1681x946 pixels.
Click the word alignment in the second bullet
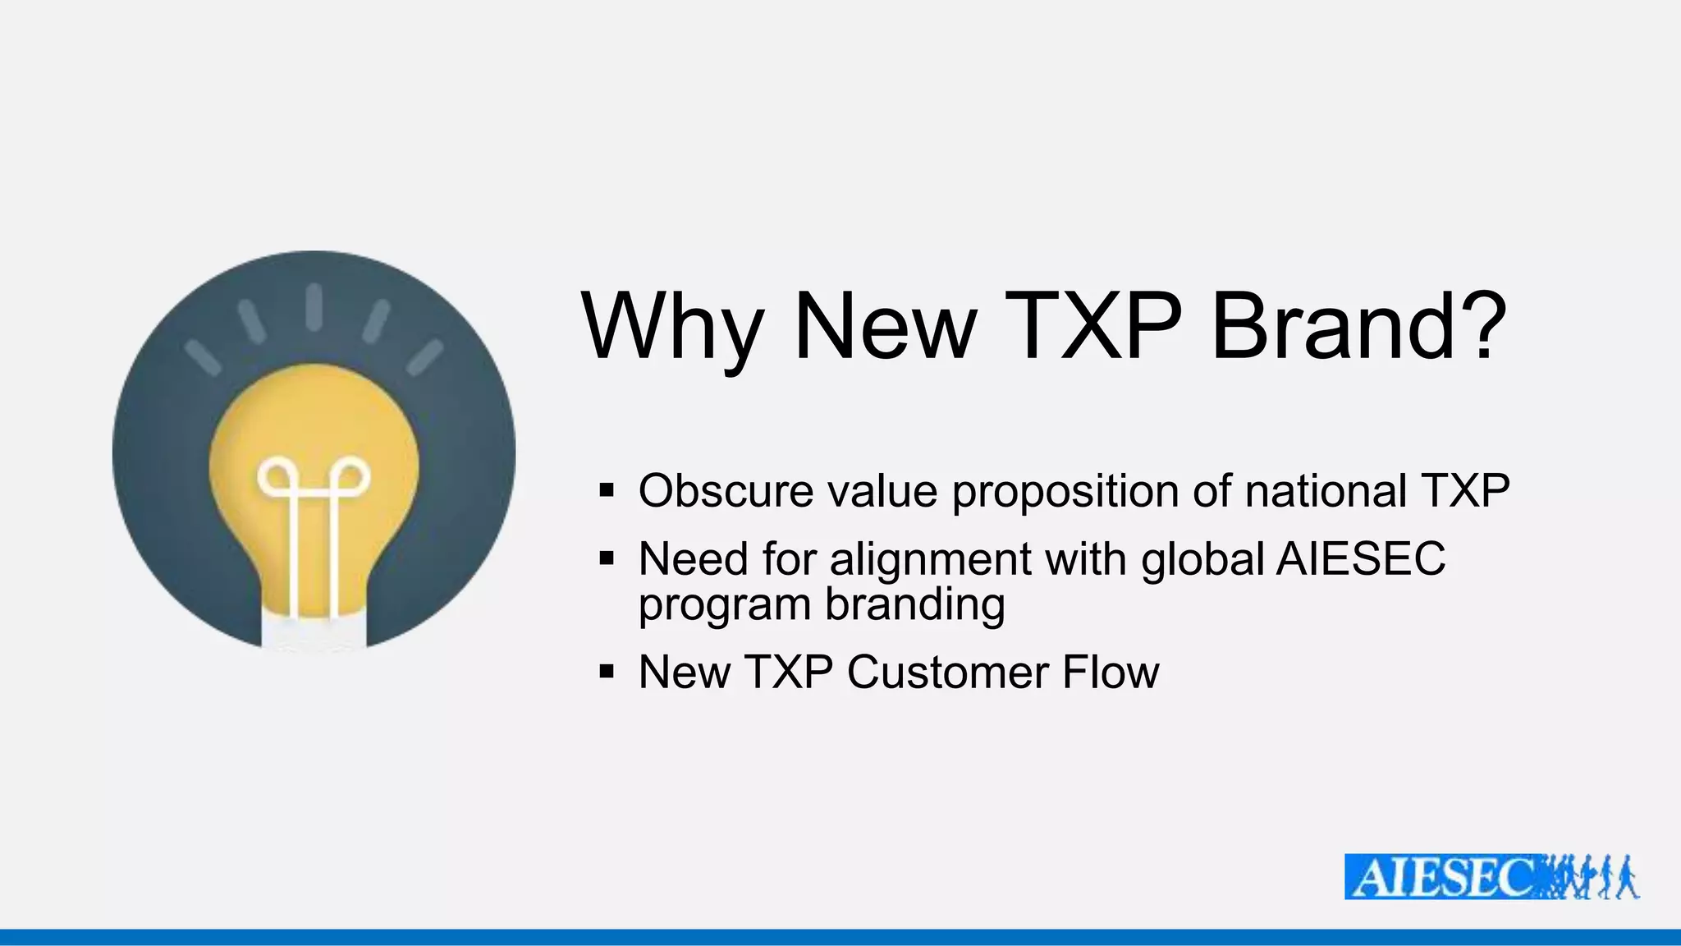coord(930,561)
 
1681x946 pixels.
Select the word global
coord(1203,559)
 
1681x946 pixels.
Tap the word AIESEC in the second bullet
coord(1361,559)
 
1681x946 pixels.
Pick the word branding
coord(914,606)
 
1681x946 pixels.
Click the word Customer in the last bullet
coord(946,673)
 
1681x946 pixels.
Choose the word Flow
coord(1111,673)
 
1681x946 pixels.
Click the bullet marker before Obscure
coord(607,491)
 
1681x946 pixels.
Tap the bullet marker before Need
coord(607,559)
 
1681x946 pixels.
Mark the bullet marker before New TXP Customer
coord(607,673)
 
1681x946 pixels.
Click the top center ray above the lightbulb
coord(314,306)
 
